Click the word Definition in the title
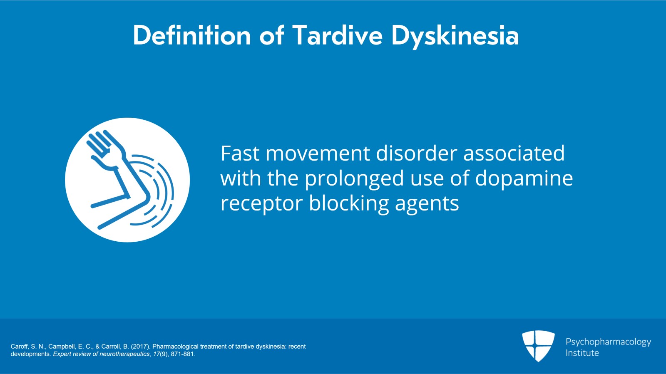click(192, 35)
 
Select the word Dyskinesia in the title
click(455, 37)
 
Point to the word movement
click(318, 154)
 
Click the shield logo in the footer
click(538, 346)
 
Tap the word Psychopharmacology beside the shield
click(608, 342)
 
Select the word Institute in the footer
click(582, 353)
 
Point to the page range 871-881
click(183, 354)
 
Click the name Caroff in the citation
click(19, 347)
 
